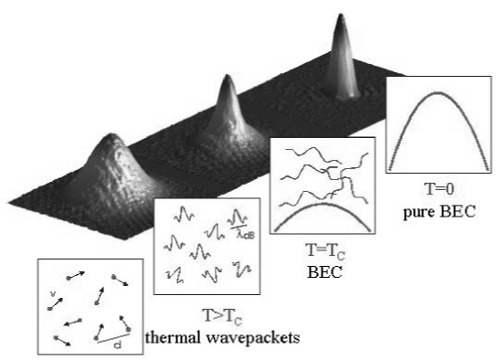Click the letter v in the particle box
click(53, 294)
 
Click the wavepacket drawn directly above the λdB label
click(239, 217)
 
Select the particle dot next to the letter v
click(49, 308)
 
